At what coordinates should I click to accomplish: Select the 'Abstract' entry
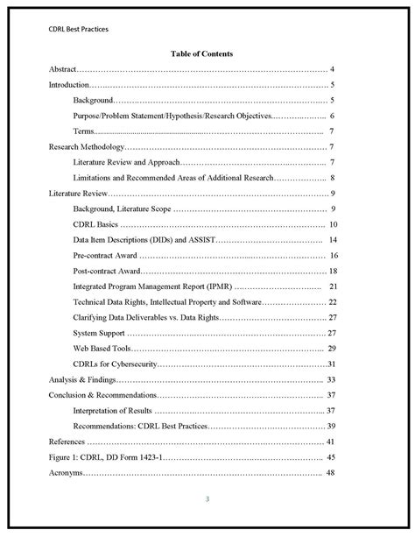pos(62,68)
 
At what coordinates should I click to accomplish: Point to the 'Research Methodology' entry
pos(86,147)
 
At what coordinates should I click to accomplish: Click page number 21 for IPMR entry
pos(334,286)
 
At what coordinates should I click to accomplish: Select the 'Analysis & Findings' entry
pos(81,380)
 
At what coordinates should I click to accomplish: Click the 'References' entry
pos(67,442)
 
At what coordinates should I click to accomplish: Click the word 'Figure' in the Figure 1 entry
pos(60,457)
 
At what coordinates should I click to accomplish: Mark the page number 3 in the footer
pos(207,500)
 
